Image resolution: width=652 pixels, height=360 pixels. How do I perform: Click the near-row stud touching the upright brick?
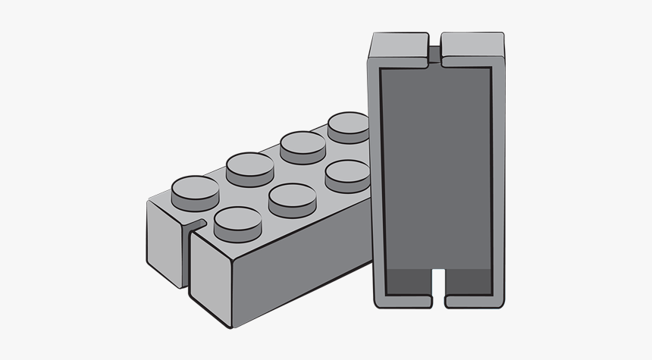pyautogui.click(x=346, y=175)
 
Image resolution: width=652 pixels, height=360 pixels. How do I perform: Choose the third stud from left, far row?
pyautogui.click(x=302, y=143)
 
